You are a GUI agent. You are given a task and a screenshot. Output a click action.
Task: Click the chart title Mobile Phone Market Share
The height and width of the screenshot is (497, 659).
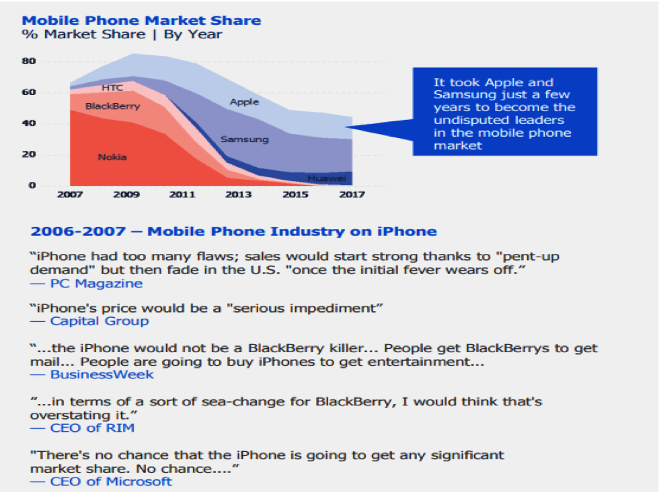[142, 20]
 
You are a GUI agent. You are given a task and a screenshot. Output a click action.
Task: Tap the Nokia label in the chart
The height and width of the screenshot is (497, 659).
[112, 157]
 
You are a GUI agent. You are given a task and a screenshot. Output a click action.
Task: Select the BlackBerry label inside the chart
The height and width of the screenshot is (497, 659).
[112, 106]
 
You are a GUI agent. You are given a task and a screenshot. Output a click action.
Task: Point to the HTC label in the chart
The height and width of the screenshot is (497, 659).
[112, 88]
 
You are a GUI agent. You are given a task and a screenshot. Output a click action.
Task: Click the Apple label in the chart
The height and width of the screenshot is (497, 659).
[244, 102]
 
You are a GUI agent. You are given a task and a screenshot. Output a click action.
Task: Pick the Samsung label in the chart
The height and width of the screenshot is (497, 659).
[244, 139]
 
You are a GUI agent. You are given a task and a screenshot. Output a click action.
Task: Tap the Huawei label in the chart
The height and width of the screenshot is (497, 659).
[326, 178]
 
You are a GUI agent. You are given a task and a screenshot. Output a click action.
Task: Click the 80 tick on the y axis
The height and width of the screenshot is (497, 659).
[30, 61]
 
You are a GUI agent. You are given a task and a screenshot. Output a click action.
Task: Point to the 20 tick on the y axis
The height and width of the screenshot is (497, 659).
[30, 154]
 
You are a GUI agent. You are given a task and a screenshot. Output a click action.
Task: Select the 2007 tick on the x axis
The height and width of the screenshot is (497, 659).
[70, 195]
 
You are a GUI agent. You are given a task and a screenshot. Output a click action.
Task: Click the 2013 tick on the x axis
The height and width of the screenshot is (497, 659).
[239, 195]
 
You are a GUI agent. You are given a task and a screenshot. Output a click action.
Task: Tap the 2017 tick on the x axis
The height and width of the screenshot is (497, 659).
[352, 195]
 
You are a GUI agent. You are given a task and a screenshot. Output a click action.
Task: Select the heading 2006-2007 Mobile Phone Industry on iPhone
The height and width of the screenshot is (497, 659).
[233, 232]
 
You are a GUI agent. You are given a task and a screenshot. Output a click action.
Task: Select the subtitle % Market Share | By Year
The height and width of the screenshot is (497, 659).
[122, 34]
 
